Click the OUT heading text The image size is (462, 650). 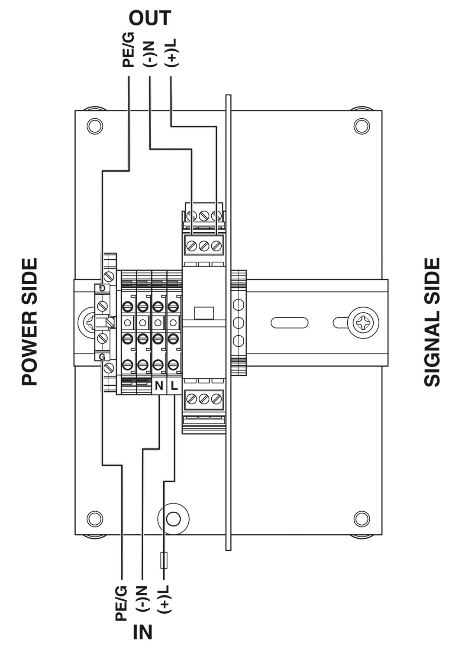tap(150, 18)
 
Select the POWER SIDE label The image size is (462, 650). tap(29, 322)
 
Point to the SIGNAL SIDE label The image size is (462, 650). tap(432, 322)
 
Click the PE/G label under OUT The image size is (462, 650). tap(129, 50)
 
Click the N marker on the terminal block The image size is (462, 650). tap(159, 386)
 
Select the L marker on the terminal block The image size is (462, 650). tap(174, 386)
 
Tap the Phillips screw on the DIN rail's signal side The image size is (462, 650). tap(364, 322)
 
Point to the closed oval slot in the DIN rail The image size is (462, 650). tap(289, 322)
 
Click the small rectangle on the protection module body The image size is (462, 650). tap(204, 313)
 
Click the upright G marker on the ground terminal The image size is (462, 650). tap(102, 357)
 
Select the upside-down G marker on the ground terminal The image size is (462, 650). tap(102, 288)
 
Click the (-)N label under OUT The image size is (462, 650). tap(150, 53)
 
